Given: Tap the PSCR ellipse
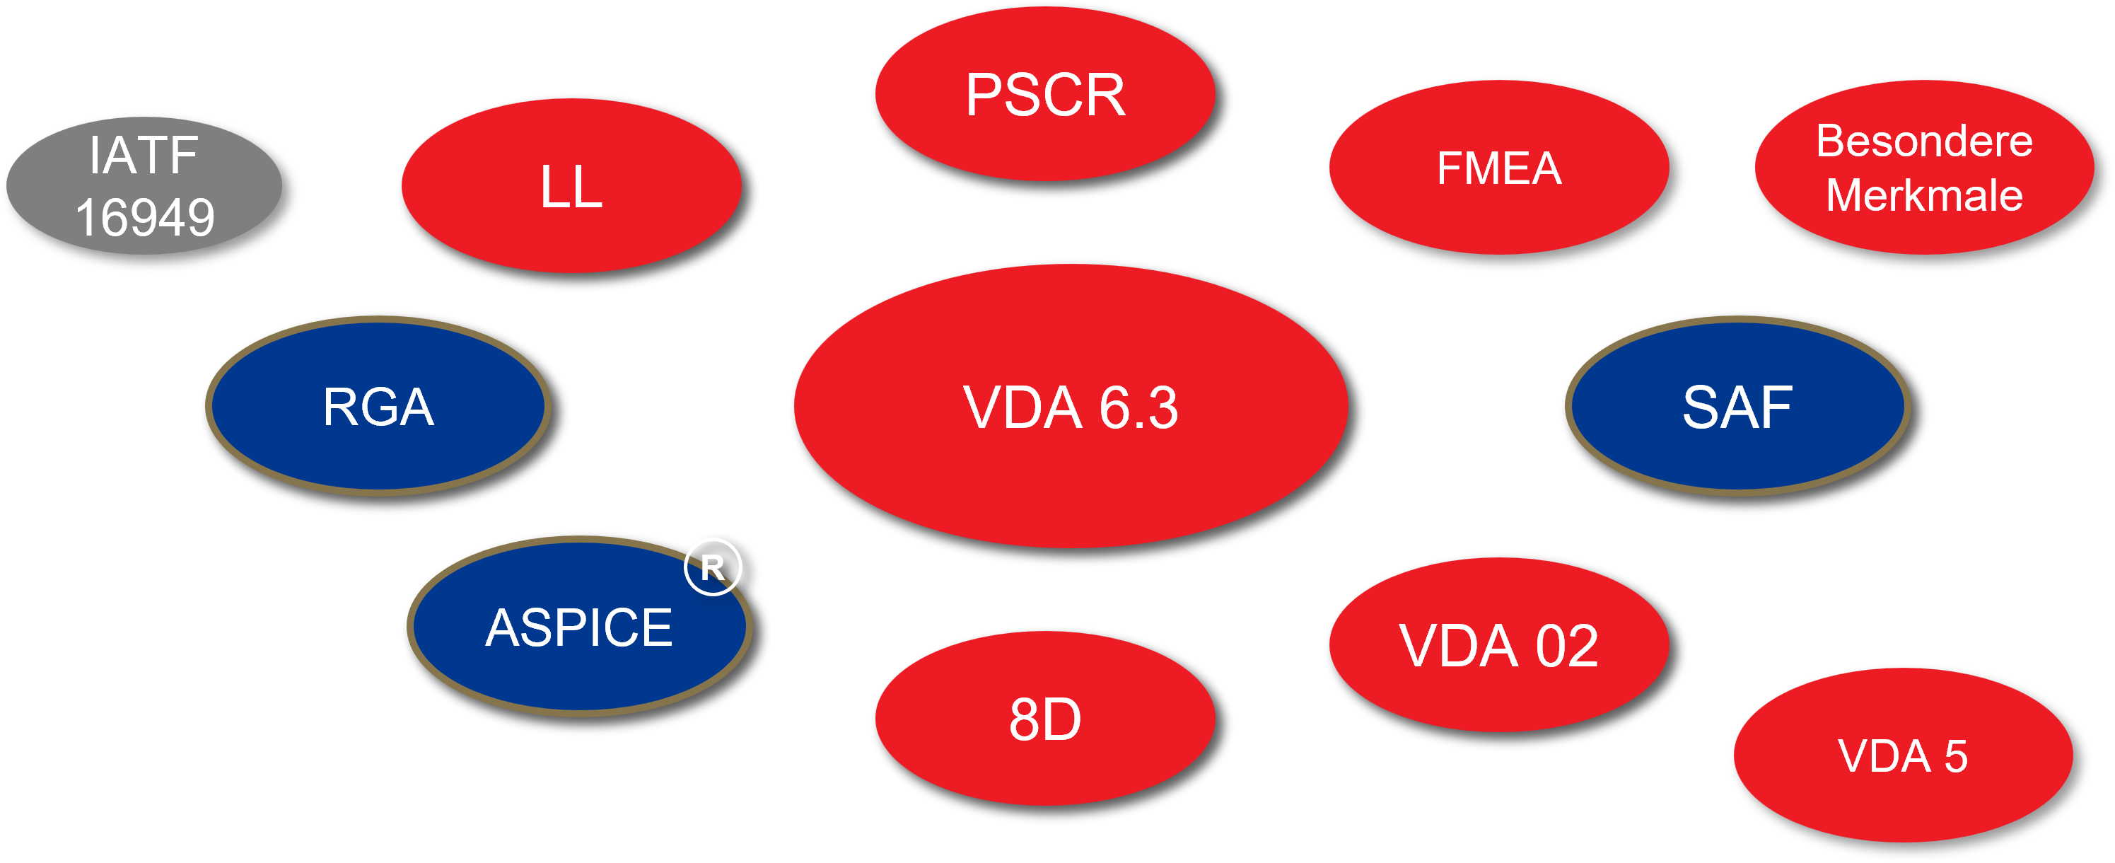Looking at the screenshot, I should [1045, 94].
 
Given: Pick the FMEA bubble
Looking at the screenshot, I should [1499, 168].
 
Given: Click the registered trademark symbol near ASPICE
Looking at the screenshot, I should [713, 567].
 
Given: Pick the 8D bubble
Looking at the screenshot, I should [1045, 719].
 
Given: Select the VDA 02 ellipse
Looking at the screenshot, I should [1499, 645].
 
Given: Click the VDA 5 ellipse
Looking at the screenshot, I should [1902, 756].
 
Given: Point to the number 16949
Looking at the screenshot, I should [144, 218].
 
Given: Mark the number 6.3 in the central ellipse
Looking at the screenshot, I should [1138, 407].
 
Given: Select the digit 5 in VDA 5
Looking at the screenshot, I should [1956, 756].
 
